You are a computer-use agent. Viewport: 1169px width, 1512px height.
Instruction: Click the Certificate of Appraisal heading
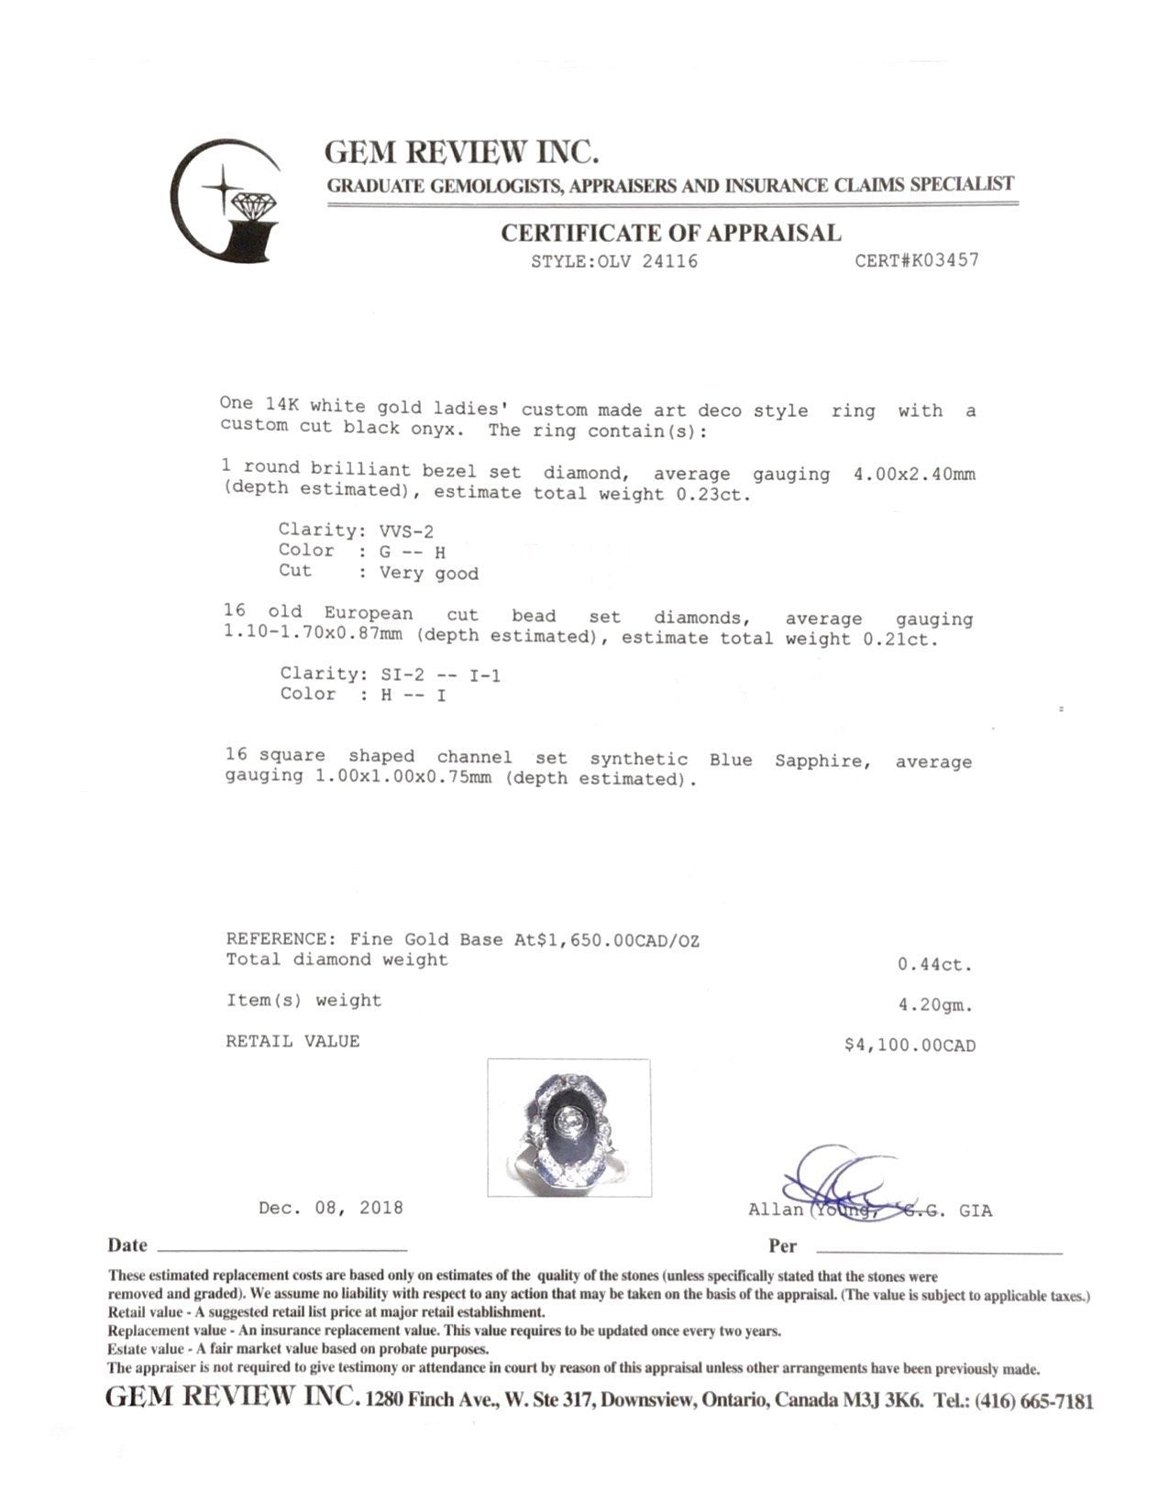pos(670,233)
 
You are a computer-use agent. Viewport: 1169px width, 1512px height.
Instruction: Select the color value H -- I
pos(414,696)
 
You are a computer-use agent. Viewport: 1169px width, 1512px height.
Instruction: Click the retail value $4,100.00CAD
pos(910,1046)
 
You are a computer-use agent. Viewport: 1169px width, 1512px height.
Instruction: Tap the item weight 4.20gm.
pos(935,1005)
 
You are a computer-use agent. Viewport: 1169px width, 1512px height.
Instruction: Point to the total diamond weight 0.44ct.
pos(934,965)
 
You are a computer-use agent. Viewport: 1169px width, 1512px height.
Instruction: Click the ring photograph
pos(568,1127)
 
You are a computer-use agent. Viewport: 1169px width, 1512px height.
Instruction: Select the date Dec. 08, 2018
pos(330,1208)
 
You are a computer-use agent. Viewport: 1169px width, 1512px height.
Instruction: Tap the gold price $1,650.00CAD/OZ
pos(612,940)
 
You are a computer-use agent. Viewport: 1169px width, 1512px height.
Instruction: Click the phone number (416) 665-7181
pos(1033,1401)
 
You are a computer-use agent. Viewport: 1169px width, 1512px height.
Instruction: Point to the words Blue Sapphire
pos(786,760)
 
